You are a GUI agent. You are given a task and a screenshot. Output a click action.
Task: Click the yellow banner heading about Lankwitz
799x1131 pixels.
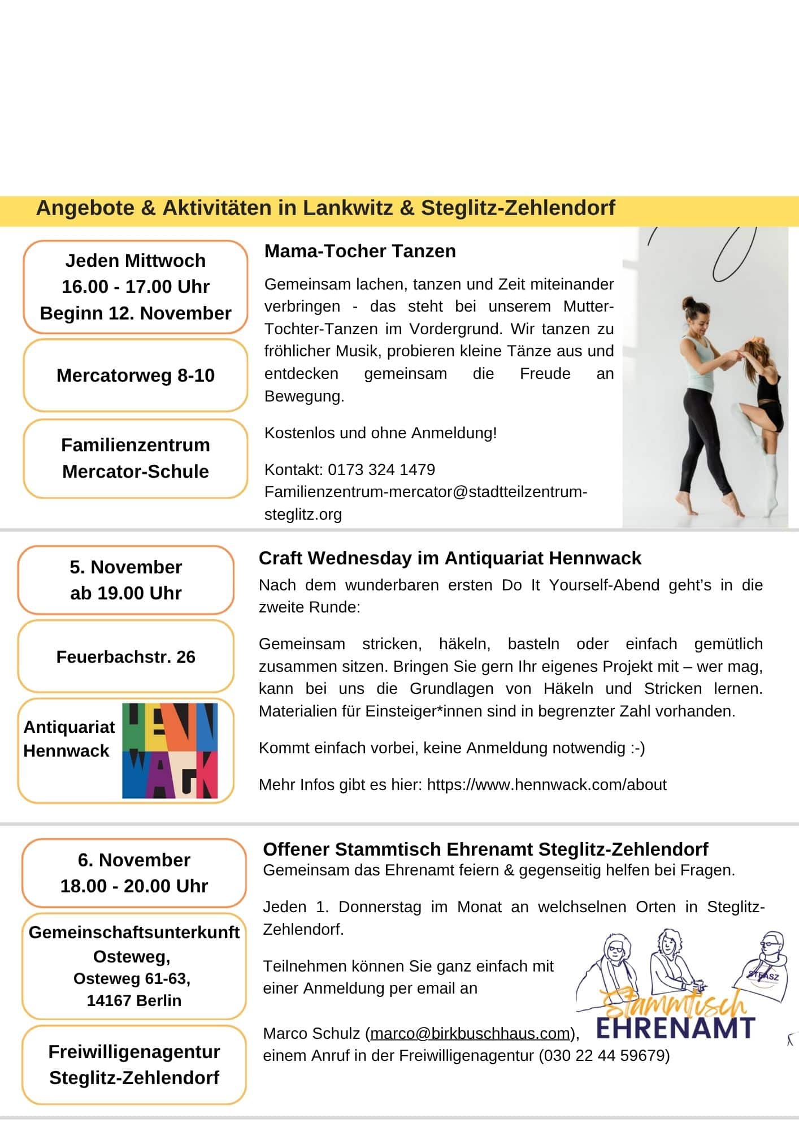tap(325, 209)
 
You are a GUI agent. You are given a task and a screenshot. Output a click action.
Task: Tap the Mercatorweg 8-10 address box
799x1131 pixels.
tap(136, 375)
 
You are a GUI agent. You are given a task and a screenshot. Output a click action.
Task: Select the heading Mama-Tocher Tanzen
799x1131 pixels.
tap(360, 251)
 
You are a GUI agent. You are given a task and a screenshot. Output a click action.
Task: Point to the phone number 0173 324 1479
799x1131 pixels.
tap(381, 469)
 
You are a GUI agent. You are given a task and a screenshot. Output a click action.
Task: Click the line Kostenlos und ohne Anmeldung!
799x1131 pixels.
tap(380, 433)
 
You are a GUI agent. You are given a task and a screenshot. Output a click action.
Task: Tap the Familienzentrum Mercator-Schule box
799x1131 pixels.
tap(136, 459)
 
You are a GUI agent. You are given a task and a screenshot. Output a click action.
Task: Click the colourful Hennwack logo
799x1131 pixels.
tap(170, 750)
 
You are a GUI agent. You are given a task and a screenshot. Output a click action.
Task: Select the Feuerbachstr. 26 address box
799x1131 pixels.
tap(126, 657)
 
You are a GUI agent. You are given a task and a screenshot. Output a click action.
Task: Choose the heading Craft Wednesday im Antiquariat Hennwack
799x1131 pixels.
tap(450, 558)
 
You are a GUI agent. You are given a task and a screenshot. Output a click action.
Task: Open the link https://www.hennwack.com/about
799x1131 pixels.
tap(546, 785)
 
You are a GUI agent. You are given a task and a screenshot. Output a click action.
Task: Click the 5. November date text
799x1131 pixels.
tap(126, 567)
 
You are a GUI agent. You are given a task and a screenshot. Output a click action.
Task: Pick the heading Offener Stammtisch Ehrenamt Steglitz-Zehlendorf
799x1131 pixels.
tap(485, 849)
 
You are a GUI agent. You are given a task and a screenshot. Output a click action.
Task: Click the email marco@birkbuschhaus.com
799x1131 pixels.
tap(470, 1034)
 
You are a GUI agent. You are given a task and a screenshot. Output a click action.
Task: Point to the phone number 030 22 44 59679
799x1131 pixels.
tap(604, 1056)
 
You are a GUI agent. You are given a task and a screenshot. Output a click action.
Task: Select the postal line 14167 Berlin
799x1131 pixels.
tap(134, 1000)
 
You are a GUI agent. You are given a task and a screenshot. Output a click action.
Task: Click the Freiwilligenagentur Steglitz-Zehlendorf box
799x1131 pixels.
tap(134, 1065)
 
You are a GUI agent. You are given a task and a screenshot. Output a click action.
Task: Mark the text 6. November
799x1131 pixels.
tap(134, 860)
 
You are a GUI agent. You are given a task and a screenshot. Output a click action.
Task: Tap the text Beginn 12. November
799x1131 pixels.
tap(136, 313)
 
